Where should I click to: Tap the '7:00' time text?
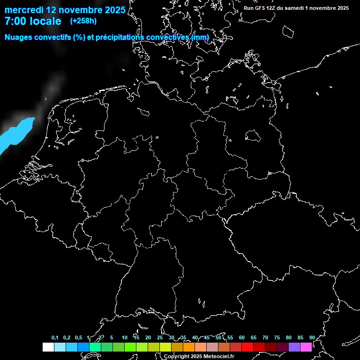pyautogui.click(x=16, y=21)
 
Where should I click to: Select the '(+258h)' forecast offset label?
pyautogui.click(x=83, y=21)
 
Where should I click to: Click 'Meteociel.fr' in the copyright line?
pyautogui.click(x=217, y=357)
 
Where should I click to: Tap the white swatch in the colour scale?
pyautogui.click(x=48, y=347)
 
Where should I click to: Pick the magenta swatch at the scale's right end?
pyautogui.click(x=306, y=347)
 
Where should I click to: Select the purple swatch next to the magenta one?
pyautogui.click(x=294, y=347)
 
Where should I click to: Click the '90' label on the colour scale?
pyautogui.click(x=312, y=337)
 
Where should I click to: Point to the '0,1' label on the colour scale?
pyautogui.click(x=55, y=337)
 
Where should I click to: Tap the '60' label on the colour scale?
pyautogui.click(x=241, y=337)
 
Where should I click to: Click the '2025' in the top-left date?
pyautogui.click(x=114, y=10)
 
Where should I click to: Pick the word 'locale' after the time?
pyautogui.click(x=45, y=21)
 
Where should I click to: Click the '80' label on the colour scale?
pyautogui.click(x=288, y=337)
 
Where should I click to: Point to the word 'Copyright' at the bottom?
pyautogui.click(x=177, y=357)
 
